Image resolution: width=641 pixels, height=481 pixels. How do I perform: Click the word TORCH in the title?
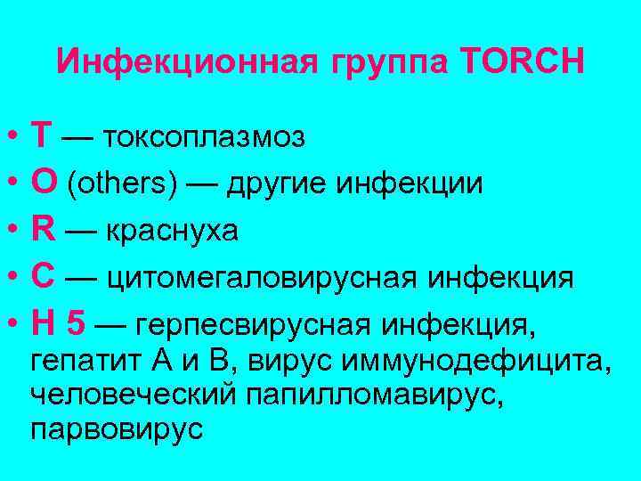coord(523,61)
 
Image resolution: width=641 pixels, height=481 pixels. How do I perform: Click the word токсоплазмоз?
coord(205,138)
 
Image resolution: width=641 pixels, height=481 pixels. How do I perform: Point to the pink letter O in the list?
coord(42,183)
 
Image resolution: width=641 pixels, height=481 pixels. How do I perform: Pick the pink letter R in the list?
coord(42,231)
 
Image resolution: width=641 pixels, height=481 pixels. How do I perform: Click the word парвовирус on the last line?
coord(117,429)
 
